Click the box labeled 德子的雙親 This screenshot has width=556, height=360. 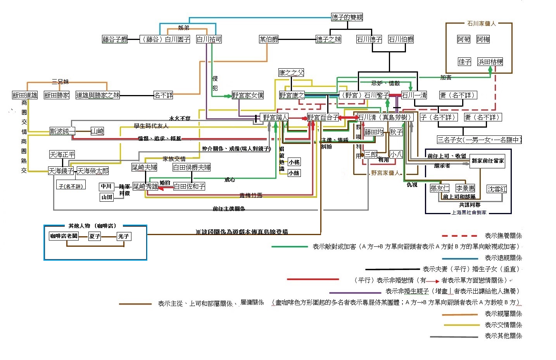347,17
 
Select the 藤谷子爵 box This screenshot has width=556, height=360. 115,39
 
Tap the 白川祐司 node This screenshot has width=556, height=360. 209,39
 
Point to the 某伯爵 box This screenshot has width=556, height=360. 269,39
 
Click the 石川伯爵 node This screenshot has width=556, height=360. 401,39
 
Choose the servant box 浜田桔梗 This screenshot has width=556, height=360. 490,62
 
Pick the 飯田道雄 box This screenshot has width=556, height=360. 25,95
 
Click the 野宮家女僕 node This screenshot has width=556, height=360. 248,95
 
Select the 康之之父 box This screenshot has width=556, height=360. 291,73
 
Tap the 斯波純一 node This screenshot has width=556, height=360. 62,131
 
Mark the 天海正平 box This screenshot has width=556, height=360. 62,154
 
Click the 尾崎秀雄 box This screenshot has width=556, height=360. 145,186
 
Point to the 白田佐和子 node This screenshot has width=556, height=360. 189,186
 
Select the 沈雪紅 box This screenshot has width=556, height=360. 497,189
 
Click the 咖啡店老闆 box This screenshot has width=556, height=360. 64,236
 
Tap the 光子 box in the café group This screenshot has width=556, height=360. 124,236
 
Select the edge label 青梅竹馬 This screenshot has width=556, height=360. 250,196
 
